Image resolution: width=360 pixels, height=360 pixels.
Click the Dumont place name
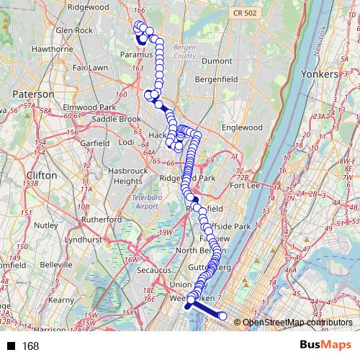pyautogui.click(x=217, y=62)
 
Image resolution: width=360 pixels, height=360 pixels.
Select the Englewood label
pyautogui.click(x=241, y=127)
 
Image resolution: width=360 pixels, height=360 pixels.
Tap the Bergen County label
pyautogui.click(x=185, y=51)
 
